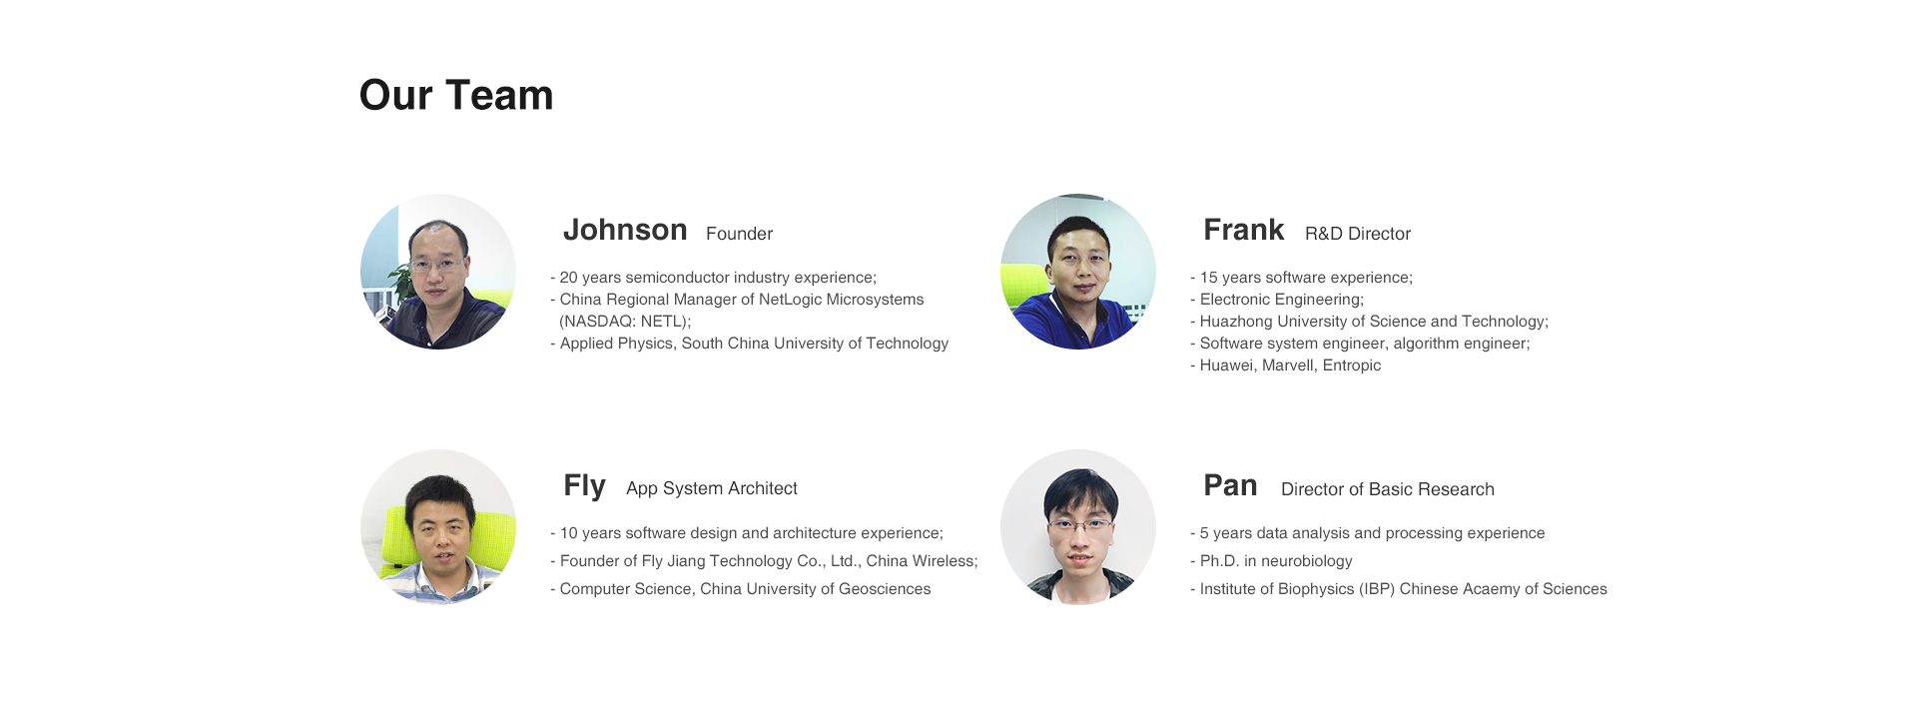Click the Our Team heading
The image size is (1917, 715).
tap(456, 95)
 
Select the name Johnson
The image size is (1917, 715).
tap(625, 230)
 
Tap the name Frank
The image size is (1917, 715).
tap(1244, 230)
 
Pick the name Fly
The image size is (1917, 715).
tap(584, 486)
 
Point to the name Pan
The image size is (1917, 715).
tap(1230, 485)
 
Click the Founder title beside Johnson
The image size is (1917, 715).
tap(739, 234)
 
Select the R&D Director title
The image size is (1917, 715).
tap(1358, 234)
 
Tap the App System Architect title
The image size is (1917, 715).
tap(712, 488)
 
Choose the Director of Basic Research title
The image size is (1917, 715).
tap(1388, 489)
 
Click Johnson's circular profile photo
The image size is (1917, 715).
tap(438, 272)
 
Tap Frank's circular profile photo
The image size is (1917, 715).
tap(1078, 272)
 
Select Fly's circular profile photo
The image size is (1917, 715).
tap(438, 527)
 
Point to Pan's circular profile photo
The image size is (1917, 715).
tap(1078, 527)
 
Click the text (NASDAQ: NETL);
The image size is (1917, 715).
tap(625, 322)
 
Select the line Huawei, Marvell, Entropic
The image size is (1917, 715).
tap(1286, 365)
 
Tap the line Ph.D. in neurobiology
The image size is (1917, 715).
tap(1271, 561)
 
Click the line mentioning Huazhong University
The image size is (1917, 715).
tap(1369, 322)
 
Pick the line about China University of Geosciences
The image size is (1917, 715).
tap(740, 589)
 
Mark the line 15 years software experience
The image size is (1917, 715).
tap(1301, 278)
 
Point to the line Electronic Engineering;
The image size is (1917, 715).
tap(1277, 300)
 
